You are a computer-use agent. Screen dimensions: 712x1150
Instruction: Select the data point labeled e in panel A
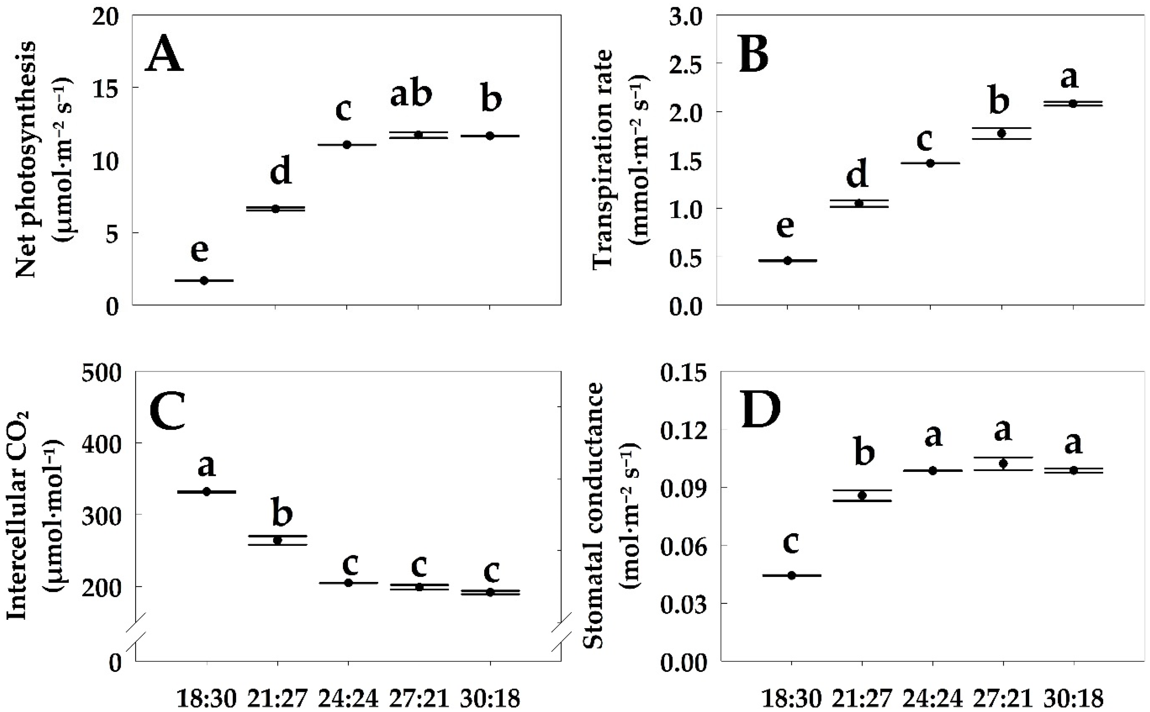click(204, 281)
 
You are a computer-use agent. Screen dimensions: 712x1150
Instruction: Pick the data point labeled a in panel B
click(1073, 104)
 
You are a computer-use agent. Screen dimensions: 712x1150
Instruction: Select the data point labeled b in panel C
click(278, 541)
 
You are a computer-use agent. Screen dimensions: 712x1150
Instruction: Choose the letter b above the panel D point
click(864, 452)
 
